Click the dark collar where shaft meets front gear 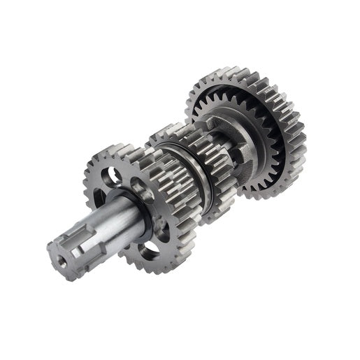coord(143,210)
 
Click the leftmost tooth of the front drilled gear coord(87,186)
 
